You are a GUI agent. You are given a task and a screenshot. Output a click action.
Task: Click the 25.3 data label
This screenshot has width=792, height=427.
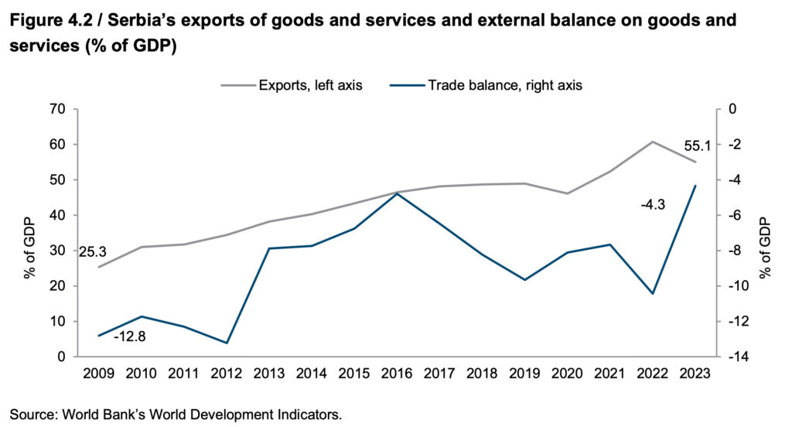[92, 251]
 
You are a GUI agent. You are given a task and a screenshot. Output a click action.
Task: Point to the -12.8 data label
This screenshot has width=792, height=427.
[129, 337]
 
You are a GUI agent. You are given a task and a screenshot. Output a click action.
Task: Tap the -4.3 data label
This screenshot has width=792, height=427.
[654, 204]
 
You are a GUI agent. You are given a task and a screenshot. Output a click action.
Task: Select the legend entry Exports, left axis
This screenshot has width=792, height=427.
[309, 86]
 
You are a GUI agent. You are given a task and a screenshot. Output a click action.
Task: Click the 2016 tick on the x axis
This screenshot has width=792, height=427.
[397, 373]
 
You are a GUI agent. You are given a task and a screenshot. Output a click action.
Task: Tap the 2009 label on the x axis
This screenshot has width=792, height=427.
[99, 373]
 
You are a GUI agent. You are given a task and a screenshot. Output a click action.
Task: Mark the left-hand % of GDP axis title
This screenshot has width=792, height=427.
[29, 233]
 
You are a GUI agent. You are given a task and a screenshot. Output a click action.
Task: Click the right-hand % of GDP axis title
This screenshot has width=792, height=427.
[766, 233]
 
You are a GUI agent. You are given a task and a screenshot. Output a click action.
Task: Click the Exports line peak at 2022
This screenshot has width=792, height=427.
[653, 142]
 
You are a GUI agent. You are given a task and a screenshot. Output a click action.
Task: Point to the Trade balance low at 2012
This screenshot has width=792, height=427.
[227, 343]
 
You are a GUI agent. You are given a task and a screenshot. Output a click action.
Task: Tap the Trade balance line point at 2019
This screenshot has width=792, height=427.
[525, 280]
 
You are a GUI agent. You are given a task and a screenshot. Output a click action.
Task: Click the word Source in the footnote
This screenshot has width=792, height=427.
[30, 415]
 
